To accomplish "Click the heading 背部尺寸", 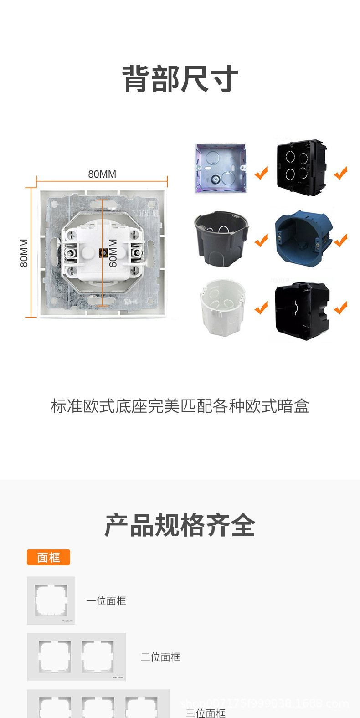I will point(180,79).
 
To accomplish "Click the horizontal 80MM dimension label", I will point(102,174).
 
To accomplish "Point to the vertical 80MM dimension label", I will point(24,253).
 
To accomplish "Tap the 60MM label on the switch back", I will point(113,253).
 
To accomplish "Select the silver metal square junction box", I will point(221,169).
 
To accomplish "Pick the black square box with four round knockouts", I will point(301,168).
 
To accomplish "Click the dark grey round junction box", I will point(222,237).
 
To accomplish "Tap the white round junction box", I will point(222,307).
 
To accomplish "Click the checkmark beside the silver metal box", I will point(262,173).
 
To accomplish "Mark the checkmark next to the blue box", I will point(341,240).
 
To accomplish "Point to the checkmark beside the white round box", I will point(262,308).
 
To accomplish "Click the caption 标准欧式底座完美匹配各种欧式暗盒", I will point(180,406).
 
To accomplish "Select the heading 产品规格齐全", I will point(180,525).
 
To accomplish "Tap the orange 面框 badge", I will point(48,557).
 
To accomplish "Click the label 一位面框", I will point(106,601).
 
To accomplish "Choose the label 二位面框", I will point(160,657).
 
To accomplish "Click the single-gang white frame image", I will point(51,600).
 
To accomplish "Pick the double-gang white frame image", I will point(76,657).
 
